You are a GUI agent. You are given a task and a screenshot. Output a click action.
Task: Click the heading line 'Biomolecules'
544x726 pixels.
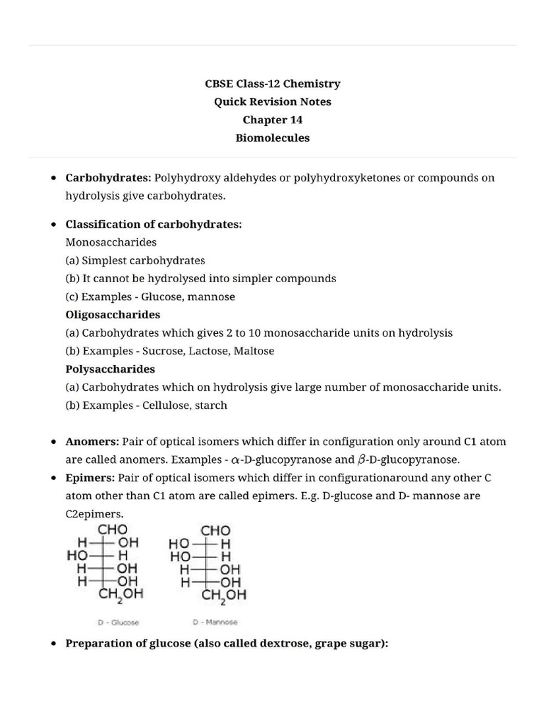click(272, 138)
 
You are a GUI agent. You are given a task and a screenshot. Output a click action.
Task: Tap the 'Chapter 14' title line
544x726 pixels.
click(272, 120)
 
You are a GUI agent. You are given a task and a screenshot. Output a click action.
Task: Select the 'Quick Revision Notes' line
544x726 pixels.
click(272, 101)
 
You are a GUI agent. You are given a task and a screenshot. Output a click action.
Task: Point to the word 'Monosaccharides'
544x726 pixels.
click(110, 242)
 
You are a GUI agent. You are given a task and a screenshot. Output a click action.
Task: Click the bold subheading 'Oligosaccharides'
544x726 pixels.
click(113, 314)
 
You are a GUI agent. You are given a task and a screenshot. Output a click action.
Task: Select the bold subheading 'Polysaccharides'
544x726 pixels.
click(110, 369)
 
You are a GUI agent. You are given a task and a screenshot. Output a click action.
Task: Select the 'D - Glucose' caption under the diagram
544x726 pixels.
click(118, 622)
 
